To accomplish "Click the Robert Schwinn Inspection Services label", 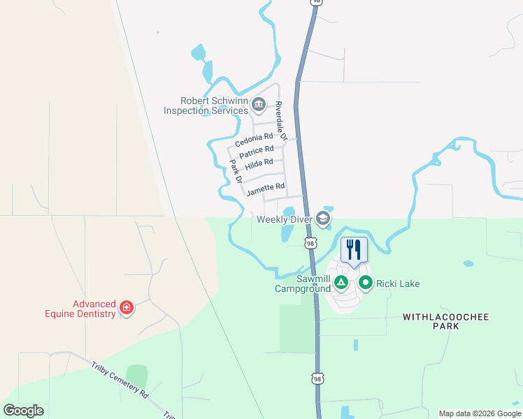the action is click(x=206, y=105).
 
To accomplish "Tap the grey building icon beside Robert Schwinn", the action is click(x=258, y=105).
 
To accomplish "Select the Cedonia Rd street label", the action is click(x=253, y=139).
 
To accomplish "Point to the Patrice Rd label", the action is click(x=256, y=151).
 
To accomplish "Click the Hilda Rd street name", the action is click(x=259, y=163).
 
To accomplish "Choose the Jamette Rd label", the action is click(x=266, y=186).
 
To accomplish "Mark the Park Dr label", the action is click(x=236, y=171).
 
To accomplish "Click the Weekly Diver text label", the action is click(x=284, y=219).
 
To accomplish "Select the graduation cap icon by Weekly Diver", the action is click(x=322, y=219).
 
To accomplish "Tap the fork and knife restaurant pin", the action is click(x=354, y=249).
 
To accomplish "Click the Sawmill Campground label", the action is click(x=302, y=283).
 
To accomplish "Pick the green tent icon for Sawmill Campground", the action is click(x=341, y=283).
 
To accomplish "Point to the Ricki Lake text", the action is click(x=398, y=284).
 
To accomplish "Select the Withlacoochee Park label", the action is click(x=445, y=321).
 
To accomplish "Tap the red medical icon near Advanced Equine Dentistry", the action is click(x=127, y=308).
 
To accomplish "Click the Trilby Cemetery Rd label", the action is click(x=120, y=379).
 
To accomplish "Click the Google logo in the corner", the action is click(x=23, y=410).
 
